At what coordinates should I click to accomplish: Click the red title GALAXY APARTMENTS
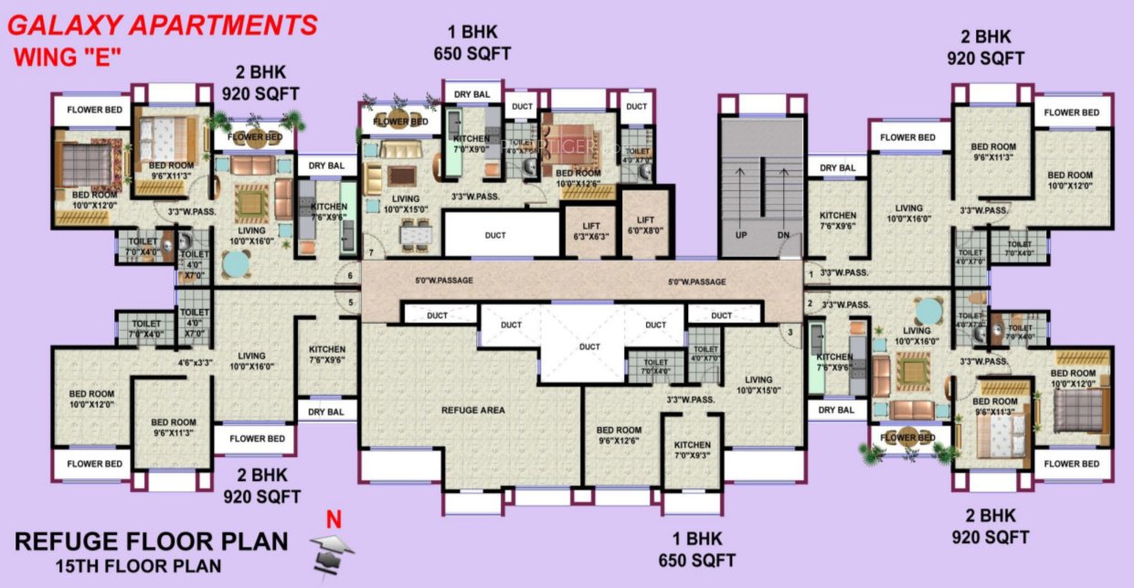(x=163, y=25)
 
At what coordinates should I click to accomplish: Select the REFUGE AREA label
(x=472, y=411)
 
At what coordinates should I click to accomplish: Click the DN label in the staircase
(x=783, y=235)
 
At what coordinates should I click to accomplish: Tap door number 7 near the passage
(x=371, y=251)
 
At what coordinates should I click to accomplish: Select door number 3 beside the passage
(x=790, y=331)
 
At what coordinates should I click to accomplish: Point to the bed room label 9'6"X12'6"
(x=619, y=435)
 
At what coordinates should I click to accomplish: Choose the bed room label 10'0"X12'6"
(x=578, y=177)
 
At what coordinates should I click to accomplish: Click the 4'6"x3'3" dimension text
(x=195, y=362)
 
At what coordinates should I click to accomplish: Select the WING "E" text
(x=68, y=57)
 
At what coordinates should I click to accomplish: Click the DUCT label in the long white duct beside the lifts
(x=495, y=235)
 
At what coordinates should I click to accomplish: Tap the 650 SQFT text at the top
(x=472, y=54)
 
